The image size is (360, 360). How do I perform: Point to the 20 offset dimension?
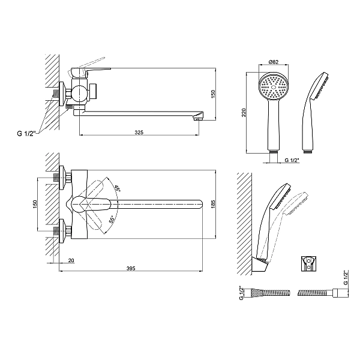[x=71, y=261]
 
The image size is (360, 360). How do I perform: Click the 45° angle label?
[x=118, y=188]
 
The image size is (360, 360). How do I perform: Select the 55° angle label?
[x=112, y=220]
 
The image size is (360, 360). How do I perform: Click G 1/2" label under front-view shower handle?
[x=293, y=160]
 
